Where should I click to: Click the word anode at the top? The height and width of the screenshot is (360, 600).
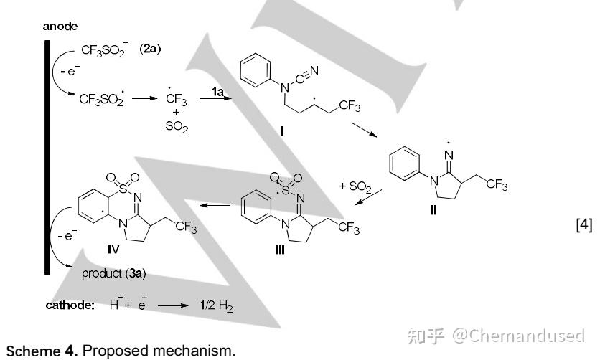pyautogui.click(x=60, y=27)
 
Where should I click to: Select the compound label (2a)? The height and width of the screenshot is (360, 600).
pyautogui.click(x=150, y=49)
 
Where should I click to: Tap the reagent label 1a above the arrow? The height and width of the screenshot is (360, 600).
pyautogui.click(x=217, y=91)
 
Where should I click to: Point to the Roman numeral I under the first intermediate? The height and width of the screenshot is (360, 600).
pyautogui.click(x=282, y=131)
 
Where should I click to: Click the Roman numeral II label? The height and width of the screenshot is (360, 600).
pyautogui.click(x=433, y=210)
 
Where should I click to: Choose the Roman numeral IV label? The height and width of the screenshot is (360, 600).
pyautogui.click(x=113, y=249)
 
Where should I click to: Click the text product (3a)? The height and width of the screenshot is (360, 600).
pyautogui.click(x=113, y=273)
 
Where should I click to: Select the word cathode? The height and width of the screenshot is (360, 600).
pyautogui.click(x=70, y=305)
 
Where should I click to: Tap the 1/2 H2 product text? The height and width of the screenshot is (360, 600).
pyautogui.click(x=215, y=305)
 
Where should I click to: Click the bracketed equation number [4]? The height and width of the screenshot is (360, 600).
pyautogui.click(x=584, y=224)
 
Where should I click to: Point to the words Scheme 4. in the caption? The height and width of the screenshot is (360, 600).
pyautogui.click(x=42, y=351)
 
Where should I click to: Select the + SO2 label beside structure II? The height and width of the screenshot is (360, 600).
pyautogui.click(x=355, y=186)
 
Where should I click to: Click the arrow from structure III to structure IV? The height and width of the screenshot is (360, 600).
pyautogui.click(x=215, y=205)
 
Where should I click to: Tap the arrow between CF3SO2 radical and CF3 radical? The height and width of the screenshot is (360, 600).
pyautogui.click(x=145, y=98)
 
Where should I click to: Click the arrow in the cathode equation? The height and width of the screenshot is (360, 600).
pyautogui.click(x=173, y=305)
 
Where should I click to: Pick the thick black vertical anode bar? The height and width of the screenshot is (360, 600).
pyautogui.click(x=47, y=158)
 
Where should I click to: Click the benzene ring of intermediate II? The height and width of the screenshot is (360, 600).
pyautogui.click(x=405, y=164)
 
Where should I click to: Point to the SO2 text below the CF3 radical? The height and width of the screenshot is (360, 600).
pyautogui.click(x=177, y=126)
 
